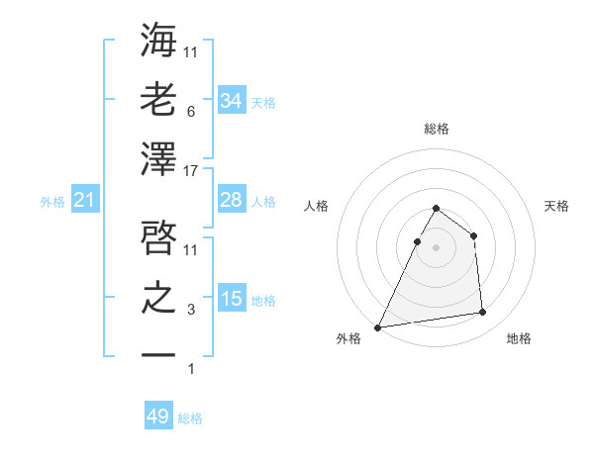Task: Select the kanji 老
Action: click(x=158, y=100)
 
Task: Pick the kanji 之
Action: click(x=158, y=297)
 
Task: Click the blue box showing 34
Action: click(x=231, y=100)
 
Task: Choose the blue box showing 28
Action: click(x=231, y=200)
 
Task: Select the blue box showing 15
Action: click(x=231, y=300)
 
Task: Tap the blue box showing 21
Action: click(x=85, y=201)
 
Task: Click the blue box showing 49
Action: click(x=158, y=417)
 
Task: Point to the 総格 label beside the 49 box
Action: click(x=191, y=418)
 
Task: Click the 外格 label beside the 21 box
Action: click(x=52, y=202)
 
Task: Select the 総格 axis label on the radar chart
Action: click(x=437, y=129)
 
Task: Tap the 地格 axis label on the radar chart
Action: click(x=519, y=338)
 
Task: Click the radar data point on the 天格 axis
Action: click(x=473, y=235)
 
